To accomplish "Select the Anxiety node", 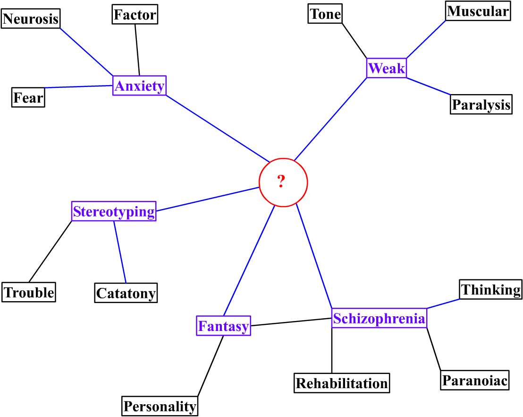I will [x=139, y=86].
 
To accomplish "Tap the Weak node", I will [x=387, y=68].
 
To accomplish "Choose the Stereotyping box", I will [x=114, y=211].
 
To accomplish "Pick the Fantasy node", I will [x=223, y=326].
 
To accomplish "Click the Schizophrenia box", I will [x=379, y=318].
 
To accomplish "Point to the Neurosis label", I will [x=31, y=18].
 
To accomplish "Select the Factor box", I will [x=135, y=15].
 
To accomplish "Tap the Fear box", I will [x=28, y=98].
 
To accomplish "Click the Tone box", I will [x=325, y=14].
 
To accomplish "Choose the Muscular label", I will [x=478, y=11].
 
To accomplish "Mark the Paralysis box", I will [x=481, y=104].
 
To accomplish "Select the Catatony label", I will [x=126, y=293].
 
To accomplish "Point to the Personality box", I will [x=160, y=406].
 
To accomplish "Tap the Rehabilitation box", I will [x=342, y=382].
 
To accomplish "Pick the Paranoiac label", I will [x=475, y=380].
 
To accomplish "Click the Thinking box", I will [x=491, y=289].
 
